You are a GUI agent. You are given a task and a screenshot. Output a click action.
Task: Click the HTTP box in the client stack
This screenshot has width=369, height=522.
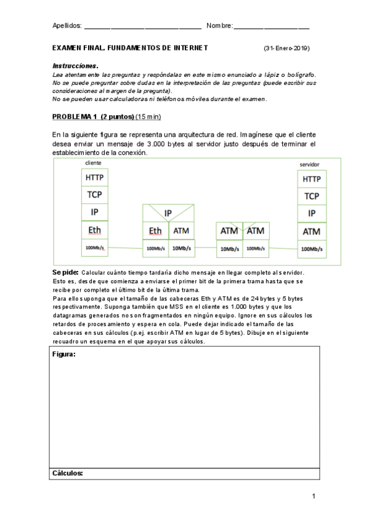click(x=95, y=177)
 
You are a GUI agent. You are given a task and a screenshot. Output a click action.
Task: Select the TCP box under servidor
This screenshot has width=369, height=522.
click(x=312, y=196)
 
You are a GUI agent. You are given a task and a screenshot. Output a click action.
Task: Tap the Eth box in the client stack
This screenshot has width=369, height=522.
click(x=95, y=230)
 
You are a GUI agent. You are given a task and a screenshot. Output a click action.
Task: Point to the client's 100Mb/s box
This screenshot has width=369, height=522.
click(x=95, y=247)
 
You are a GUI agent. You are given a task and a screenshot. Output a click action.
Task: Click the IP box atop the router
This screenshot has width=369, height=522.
click(x=168, y=213)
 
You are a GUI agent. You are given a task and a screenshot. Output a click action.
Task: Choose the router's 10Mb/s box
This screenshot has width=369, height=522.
click(x=180, y=249)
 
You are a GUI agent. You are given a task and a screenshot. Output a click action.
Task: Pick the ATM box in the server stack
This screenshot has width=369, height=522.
click(x=312, y=231)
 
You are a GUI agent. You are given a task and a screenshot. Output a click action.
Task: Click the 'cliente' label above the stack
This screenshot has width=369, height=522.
click(x=93, y=163)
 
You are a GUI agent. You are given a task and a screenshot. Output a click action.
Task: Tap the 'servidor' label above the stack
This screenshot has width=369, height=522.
click(x=309, y=164)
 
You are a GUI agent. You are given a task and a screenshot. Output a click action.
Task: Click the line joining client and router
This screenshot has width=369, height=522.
click(x=125, y=249)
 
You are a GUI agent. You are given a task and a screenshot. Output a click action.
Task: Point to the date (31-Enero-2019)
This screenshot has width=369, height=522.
click(x=286, y=47)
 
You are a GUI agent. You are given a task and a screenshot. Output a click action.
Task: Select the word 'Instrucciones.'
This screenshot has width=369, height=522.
click(x=75, y=65)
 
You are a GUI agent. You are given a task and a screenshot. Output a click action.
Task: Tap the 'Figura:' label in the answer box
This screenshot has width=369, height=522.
click(x=64, y=355)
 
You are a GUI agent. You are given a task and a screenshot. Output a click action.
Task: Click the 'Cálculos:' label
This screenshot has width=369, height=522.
click(x=67, y=473)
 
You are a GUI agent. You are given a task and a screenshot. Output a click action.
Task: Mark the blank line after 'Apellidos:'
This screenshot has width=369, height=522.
click(x=142, y=28)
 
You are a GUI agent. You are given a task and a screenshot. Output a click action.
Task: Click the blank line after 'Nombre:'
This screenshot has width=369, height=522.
click(x=272, y=28)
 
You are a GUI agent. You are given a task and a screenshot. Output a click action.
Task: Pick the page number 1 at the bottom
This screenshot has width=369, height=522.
click(x=314, y=496)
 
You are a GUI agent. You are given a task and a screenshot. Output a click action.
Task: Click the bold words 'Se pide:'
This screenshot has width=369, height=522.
click(x=65, y=272)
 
